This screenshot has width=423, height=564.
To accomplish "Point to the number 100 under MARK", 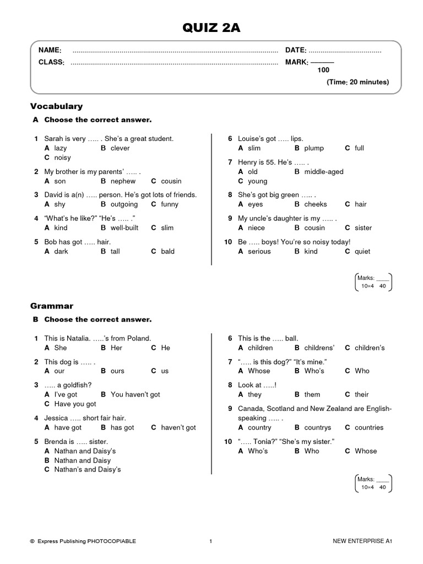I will click(x=323, y=70).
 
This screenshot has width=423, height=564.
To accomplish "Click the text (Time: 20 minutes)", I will click(x=357, y=82).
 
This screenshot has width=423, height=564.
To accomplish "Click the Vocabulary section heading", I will click(x=57, y=106).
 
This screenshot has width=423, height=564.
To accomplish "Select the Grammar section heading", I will click(x=53, y=306).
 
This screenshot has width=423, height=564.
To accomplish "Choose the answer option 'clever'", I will click(x=120, y=148).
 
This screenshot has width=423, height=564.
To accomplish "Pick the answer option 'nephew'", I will click(x=123, y=181).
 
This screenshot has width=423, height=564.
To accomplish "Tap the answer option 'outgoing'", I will click(x=124, y=204).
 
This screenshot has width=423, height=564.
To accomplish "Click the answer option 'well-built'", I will click(x=124, y=228).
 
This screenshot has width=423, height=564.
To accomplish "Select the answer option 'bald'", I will click(x=167, y=252).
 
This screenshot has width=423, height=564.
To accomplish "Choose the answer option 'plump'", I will click(x=314, y=148).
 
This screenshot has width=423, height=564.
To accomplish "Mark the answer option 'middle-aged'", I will click(x=323, y=172).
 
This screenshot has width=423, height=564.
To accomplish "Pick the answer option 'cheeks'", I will click(x=316, y=204).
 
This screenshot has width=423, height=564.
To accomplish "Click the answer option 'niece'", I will click(x=256, y=228).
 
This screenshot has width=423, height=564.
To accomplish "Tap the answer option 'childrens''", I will click(x=319, y=348).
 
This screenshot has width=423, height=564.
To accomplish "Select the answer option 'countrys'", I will click(x=317, y=428).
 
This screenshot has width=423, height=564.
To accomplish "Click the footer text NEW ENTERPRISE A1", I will click(x=362, y=541).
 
